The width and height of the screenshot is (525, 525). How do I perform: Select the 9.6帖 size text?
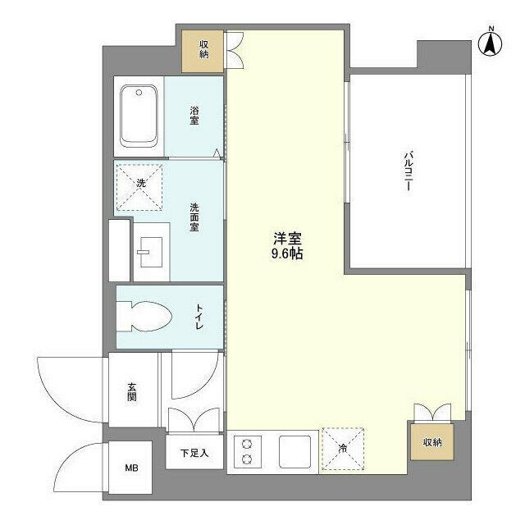(288, 255)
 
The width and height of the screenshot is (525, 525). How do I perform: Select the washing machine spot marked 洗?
(140, 184)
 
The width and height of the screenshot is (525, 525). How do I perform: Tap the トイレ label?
(199, 317)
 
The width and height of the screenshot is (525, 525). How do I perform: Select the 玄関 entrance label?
(131, 391)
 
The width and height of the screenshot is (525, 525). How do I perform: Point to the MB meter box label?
(131, 468)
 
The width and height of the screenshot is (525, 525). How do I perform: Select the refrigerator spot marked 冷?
(343, 450)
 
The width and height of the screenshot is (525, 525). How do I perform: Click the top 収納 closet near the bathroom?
(203, 50)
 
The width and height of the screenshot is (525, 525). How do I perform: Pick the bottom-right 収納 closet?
(431, 443)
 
